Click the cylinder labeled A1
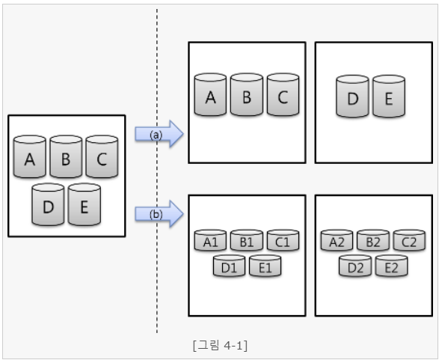tap(210, 240)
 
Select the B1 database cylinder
tap(247, 240)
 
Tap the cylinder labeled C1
tap(283, 240)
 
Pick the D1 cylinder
tap(229, 266)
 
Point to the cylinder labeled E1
tap(265, 266)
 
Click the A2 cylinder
tap(337, 240)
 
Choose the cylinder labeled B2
tap(373, 240)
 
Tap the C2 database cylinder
tap(409, 240)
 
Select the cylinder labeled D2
tap(355, 266)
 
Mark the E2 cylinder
tap(391, 266)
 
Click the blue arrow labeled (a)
tap(159, 134)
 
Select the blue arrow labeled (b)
tap(159, 214)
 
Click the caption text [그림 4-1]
tap(219, 346)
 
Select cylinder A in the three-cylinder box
tap(210, 95)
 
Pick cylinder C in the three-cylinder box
tap(283, 95)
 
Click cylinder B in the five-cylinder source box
tap(66, 158)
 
